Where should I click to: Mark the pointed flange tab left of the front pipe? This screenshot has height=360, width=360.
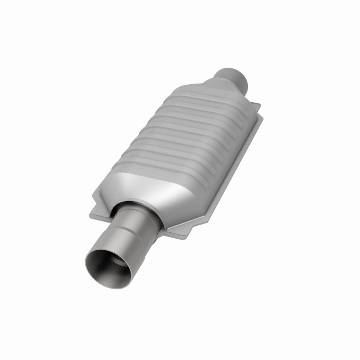[94, 202]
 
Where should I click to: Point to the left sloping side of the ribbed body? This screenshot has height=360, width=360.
[151, 119]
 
